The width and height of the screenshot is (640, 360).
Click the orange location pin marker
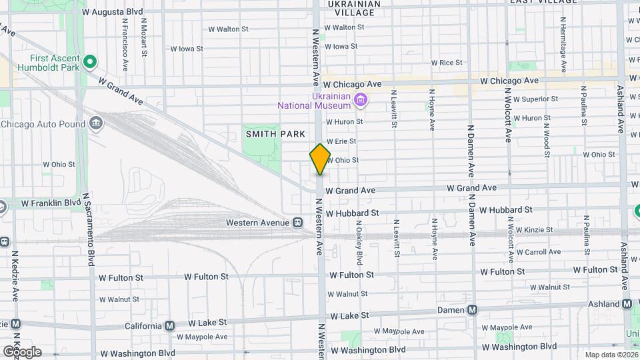(320, 159)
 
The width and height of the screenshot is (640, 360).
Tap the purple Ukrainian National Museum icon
(361, 101)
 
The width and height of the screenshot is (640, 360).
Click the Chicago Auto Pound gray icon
(96, 123)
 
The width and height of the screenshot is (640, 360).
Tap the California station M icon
(169, 326)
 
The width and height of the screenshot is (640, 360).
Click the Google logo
(22, 351)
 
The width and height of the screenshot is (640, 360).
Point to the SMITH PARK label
(275, 134)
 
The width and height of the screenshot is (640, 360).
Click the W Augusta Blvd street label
(112, 12)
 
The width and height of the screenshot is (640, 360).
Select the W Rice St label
(447, 63)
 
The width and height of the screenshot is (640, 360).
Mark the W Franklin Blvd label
(51, 203)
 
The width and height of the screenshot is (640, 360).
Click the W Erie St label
(341, 141)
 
